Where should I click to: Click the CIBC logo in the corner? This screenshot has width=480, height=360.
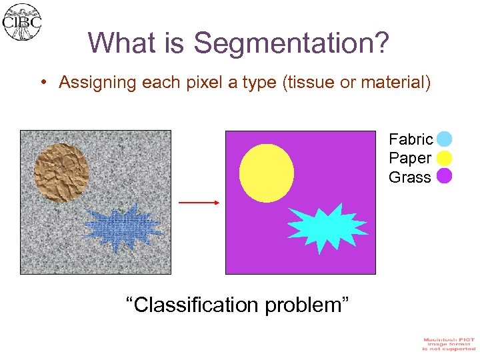click(x=21, y=21)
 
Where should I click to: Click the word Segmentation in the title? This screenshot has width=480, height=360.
click(x=291, y=43)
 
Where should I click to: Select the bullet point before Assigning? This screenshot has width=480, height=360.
click(x=42, y=83)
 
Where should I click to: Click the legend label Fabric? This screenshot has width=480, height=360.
click(x=411, y=139)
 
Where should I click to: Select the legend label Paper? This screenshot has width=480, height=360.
click(x=410, y=158)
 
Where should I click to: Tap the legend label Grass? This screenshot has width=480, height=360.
click(x=410, y=177)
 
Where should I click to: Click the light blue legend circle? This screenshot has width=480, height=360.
click(x=445, y=139)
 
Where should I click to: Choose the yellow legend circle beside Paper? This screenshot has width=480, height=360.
click(x=445, y=158)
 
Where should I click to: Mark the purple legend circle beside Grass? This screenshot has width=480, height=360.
click(x=445, y=176)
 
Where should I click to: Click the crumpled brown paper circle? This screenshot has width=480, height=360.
click(x=61, y=171)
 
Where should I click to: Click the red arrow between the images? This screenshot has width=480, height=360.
click(x=199, y=202)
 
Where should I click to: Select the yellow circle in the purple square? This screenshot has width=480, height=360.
click(x=266, y=173)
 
